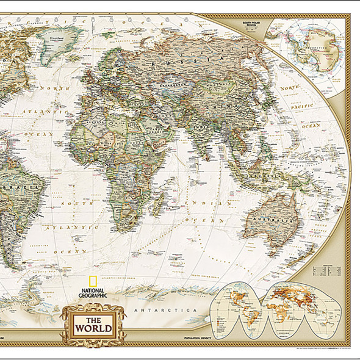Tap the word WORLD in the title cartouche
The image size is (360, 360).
tap(93, 328)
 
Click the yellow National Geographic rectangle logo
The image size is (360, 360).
tap(93, 283)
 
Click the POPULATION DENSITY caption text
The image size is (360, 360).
tap(195, 338)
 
